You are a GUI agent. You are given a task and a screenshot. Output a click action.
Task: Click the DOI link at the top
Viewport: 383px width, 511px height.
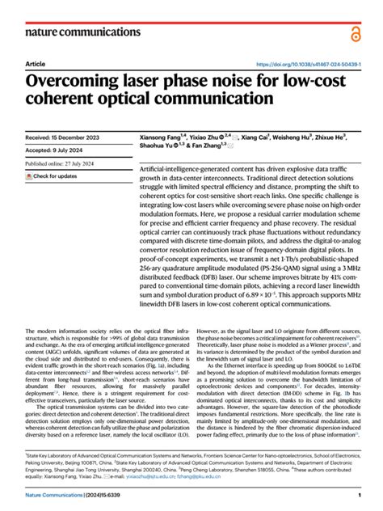tap(307, 64)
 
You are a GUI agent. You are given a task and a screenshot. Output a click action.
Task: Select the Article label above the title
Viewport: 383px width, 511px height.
tap(36, 64)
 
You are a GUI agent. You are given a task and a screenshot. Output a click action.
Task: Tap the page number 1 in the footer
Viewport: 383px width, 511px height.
tap(357, 495)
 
